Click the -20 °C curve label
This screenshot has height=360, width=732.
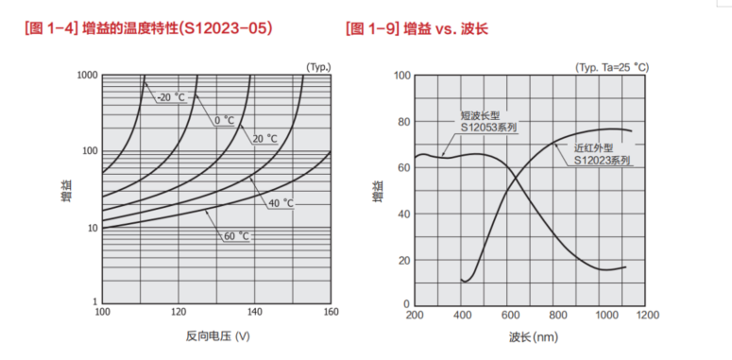[172, 97]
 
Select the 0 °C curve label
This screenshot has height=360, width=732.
[223, 120]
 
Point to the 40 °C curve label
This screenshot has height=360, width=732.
[279, 203]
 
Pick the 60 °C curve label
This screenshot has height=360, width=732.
[236, 235]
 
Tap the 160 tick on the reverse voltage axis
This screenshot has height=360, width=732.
[329, 313]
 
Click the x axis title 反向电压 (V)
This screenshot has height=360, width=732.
[217, 335]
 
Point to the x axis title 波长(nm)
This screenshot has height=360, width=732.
[533, 335]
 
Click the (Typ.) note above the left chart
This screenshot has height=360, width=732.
[318, 66]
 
